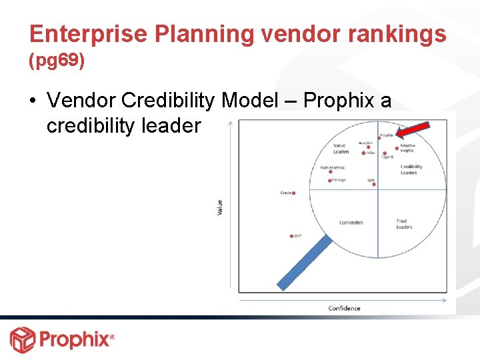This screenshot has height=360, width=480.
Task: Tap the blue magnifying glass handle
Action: pyautogui.click(x=304, y=263)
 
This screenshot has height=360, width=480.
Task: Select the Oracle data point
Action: pyautogui.click(x=293, y=193)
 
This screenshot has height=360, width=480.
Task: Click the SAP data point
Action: pyautogui.click(x=292, y=236)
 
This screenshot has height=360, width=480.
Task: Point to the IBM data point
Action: pyautogui.click(x=372, y=184)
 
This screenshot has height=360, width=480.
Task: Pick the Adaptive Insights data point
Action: pyautogui.click(x=397, y=149)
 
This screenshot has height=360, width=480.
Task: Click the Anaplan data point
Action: pyautogui.click(x=368, y=147)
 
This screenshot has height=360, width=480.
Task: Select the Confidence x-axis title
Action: pyautogui.click(x=344, y=308)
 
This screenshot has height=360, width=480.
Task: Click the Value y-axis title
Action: pyautogui.click(x=221, y=207)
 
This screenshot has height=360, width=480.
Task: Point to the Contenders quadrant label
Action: pyautogui.click(x=351, y=223)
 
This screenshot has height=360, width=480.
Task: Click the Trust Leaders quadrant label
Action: pyautogui.click(x=404, y=224)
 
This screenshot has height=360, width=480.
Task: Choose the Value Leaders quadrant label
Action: pyautogui.click(x=341, y=149)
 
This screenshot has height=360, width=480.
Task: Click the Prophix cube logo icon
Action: pyautogui.click(x=22, y=339)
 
